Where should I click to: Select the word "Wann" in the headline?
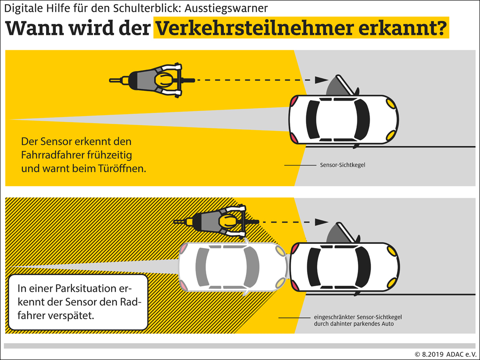[34, 29]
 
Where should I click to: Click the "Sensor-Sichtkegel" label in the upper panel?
[342, 165]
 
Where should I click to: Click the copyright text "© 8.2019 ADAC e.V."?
[445, 354]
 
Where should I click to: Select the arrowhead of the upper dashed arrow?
[321, 80]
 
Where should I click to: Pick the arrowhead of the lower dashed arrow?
[321, 222]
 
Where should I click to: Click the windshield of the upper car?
[362, 119]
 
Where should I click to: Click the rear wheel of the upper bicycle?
[119, 80]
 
